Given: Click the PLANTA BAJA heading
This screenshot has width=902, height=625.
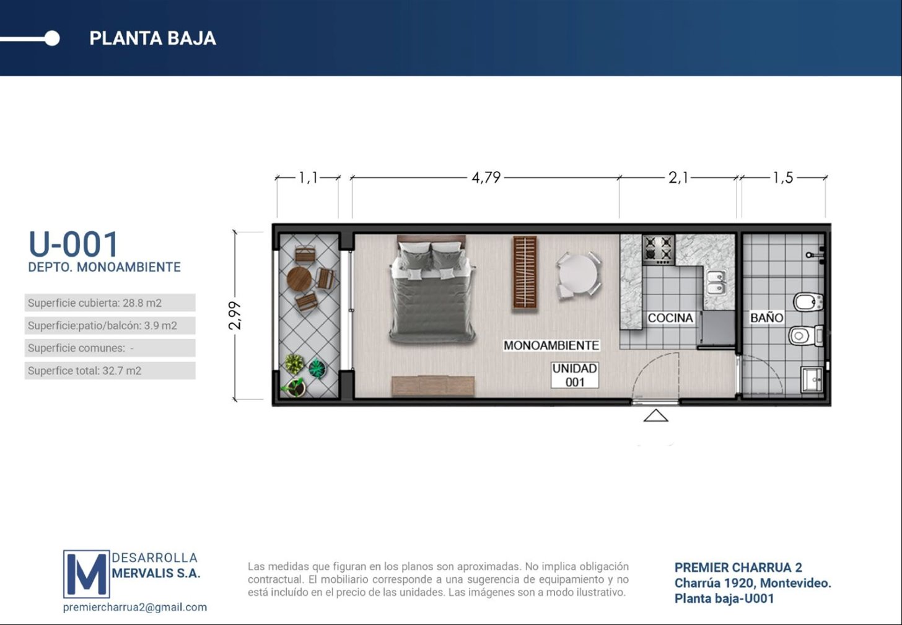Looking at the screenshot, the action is click(x=152, y=38).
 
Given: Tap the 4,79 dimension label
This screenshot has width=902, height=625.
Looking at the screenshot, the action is click(x=486, y=177).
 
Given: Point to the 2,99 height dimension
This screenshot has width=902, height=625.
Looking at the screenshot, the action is click(x=234, y=316).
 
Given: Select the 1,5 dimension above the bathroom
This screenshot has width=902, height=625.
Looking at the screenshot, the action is click(x=783, y=177).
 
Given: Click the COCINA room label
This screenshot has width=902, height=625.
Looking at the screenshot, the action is click(x=670, y=318).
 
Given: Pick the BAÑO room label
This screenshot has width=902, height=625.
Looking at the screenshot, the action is click(x=766, y=317).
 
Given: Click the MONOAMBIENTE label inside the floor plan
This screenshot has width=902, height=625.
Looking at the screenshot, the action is click(x=551, y=345).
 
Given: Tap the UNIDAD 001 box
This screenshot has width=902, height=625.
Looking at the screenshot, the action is click(x=575, y=375).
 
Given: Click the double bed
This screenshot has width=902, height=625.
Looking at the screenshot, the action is click(x=431, y=290).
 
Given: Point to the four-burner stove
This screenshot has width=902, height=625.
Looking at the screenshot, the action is click(x=659, y=250).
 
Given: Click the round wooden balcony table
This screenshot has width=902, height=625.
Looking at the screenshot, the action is click(x=299, y=279).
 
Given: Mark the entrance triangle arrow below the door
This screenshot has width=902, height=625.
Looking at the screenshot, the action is click(x=655, y=415).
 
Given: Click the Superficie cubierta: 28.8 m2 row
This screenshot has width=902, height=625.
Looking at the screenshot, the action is click(x=110, y=303).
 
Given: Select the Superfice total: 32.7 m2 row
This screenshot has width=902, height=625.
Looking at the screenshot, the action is click(x=110, y=370).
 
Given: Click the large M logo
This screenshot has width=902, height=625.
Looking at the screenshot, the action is click(x=87, y=574).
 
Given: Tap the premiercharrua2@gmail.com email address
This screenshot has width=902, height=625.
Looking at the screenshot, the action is click(x=135, y=607).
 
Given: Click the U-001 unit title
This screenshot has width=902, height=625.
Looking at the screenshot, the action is click(x=73, y=244).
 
